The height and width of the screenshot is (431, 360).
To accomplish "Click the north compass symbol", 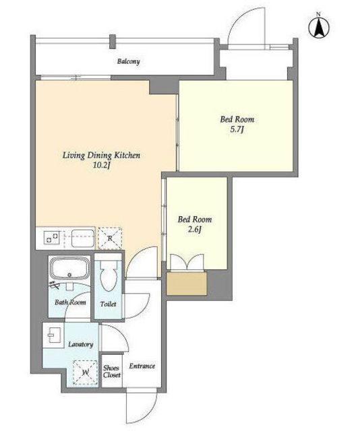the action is [x=319, y=27].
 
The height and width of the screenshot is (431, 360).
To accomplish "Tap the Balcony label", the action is [x=129, y=61].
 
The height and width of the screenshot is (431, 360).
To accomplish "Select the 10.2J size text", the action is [x=102, y=166].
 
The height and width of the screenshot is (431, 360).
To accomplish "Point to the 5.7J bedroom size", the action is [x=237, y=129].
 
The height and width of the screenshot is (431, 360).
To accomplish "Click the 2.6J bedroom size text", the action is [x=195, y=229].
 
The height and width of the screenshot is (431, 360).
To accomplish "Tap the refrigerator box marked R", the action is [x=110, y=238].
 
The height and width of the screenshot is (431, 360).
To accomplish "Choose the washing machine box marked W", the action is [x=86, y=372].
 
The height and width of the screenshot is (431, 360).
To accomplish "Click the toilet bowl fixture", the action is [x=108, y=275].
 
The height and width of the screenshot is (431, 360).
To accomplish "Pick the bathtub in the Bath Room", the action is [x=69, y=269].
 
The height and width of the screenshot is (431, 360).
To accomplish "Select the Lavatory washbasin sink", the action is [x=54, y=335].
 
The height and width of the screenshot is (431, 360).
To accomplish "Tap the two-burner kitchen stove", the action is [x=53, y=238].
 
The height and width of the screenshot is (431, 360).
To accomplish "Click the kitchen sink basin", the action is [x=82, y=238].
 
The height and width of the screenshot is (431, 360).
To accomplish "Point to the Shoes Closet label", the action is [x=111, y=371].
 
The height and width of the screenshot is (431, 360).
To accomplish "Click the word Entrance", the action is [x=142, y=366].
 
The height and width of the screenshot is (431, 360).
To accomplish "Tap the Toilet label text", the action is [x=108, y=304].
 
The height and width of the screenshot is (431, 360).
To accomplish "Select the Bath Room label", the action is [x=70, y=302].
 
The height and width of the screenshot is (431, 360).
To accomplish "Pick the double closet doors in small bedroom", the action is [x=187, y=263].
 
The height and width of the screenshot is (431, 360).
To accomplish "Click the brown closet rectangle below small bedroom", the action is [x=187, y=284].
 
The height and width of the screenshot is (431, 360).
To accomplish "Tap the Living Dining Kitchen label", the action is [x=101, y=156].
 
